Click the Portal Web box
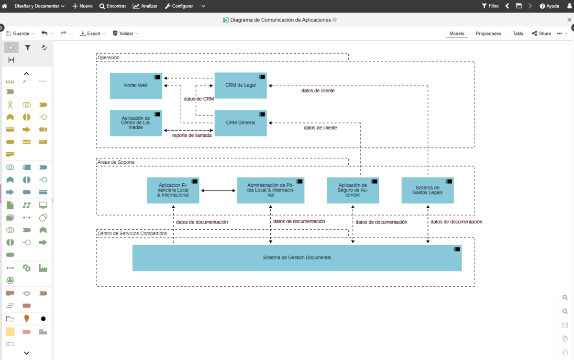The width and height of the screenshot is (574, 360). click(136, 86)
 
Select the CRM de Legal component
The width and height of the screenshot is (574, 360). click(240, 85)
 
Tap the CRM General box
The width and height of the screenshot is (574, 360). click(240, 123)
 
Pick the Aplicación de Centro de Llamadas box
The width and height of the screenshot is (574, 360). click(136, 123)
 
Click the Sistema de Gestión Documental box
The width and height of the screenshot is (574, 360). click(297, 258)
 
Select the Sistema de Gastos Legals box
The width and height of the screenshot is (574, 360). click(427, 191)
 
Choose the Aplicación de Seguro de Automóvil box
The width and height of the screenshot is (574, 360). click(353, 191)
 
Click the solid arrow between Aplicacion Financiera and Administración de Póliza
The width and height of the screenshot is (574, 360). click(218, 191)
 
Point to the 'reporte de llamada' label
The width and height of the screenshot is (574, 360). click(192, 135)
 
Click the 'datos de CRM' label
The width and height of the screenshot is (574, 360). click(199, 99)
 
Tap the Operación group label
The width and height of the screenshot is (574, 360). click(109, 57)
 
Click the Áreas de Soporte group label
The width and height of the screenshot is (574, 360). click(116, 162)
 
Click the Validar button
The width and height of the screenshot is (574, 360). click(123, 34)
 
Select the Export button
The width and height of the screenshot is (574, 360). click(90, 34)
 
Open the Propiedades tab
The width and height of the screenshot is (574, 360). click(488, 34)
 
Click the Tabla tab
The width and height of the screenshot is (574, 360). click(518, 34)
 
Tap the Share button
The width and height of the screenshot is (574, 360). click(541, 34)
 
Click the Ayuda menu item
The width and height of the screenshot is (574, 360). click(550, 6)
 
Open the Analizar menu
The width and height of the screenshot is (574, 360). click(145, 6)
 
